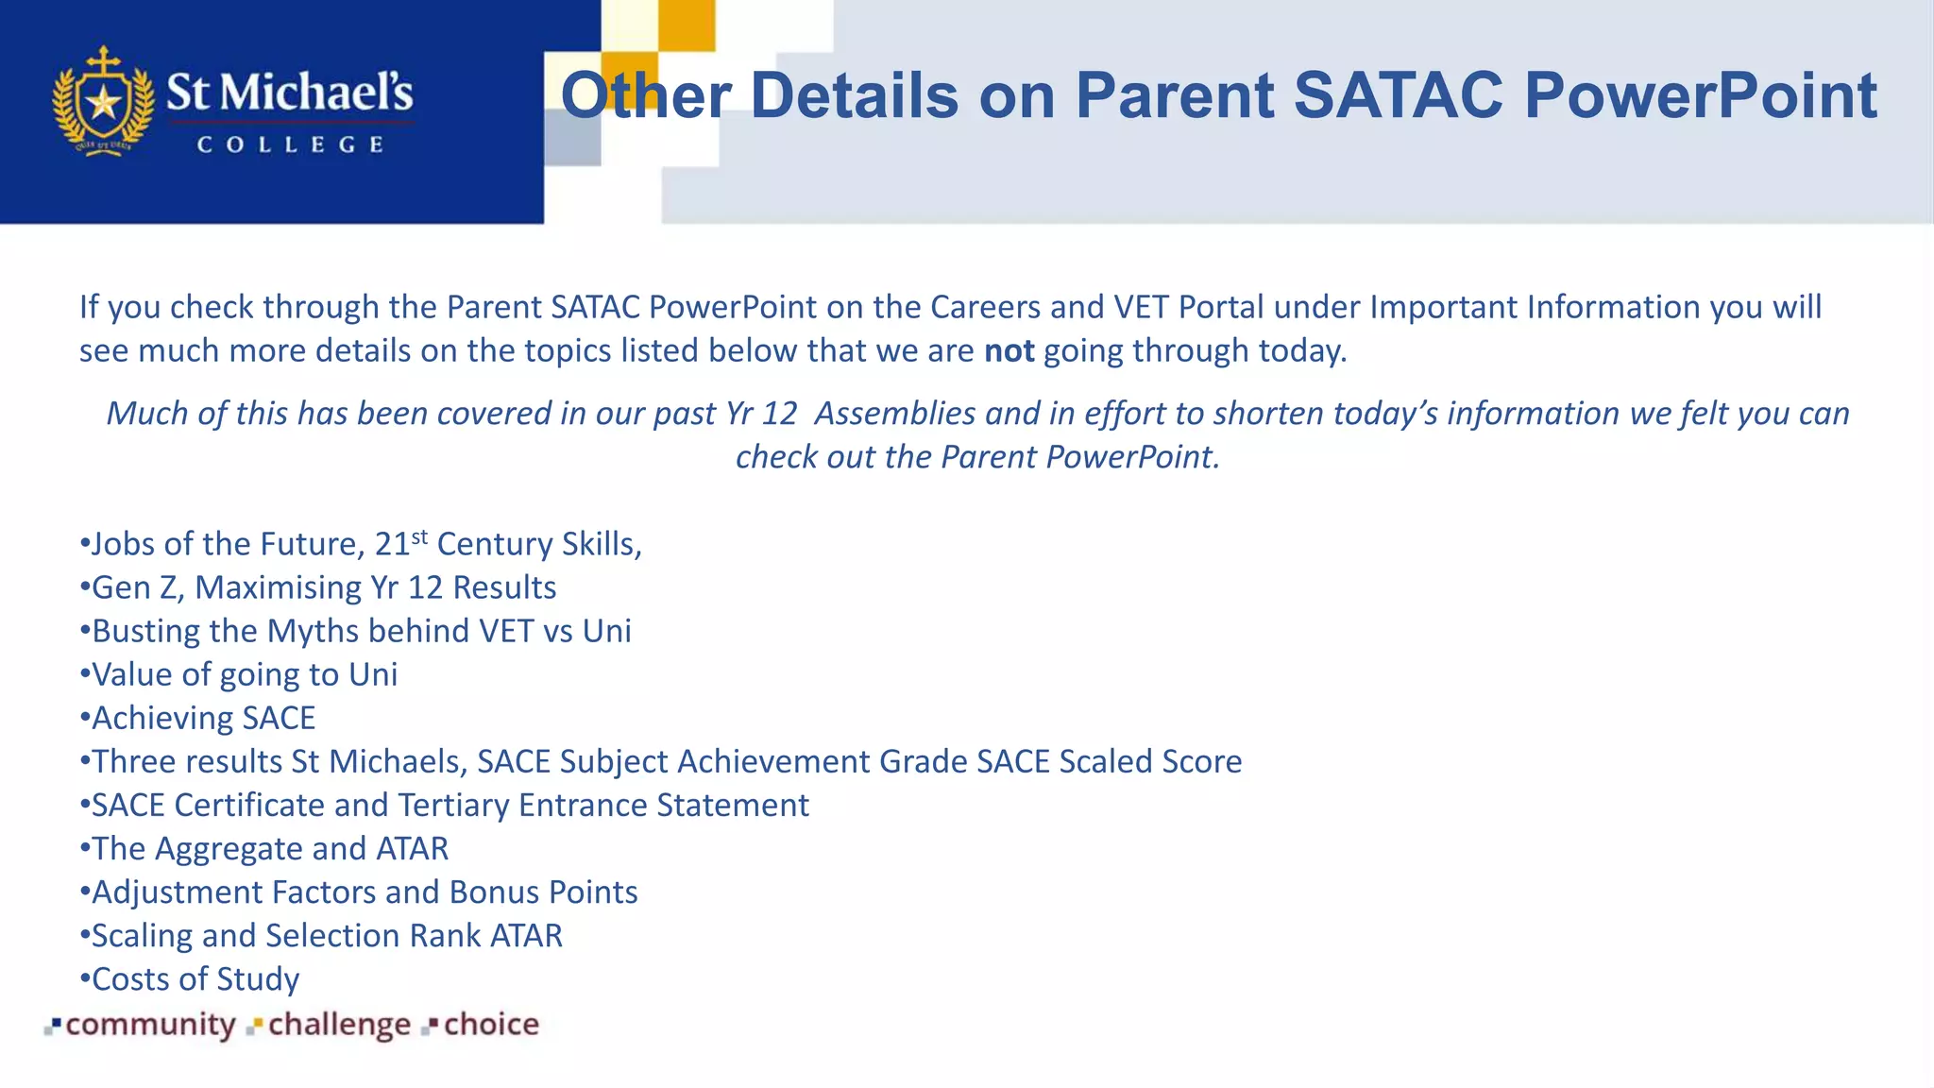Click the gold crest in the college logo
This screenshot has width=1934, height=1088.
click(103, 102)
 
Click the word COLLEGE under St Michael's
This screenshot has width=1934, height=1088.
click(290, 144)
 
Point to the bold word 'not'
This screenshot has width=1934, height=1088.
click(1009, 350)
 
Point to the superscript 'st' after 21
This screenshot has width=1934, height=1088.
click(419, 536)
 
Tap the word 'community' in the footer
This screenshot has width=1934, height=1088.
click(150, 1024)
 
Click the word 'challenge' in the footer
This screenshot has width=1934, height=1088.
click(339, 1024)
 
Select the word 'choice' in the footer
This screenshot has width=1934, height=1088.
click(491, 1024)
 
